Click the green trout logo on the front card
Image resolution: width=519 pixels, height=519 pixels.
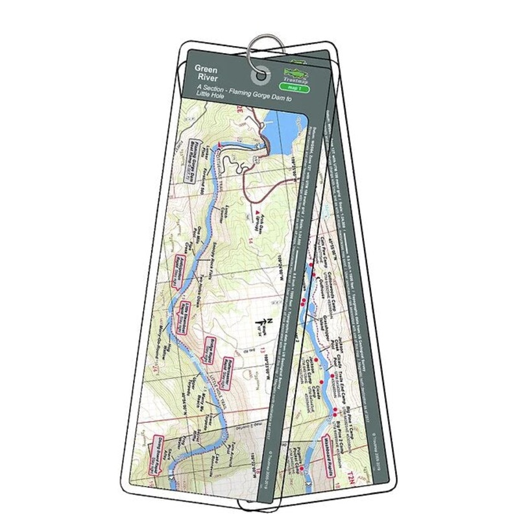[295, 73]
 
